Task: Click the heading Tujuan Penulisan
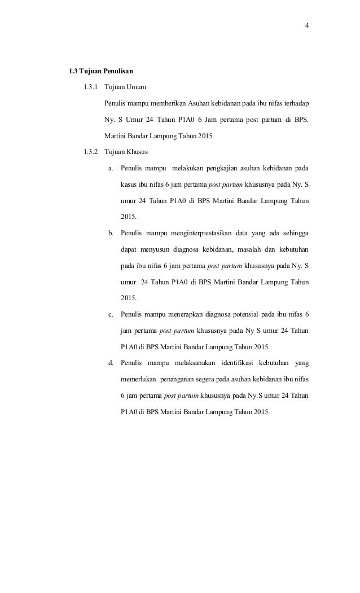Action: tap(106, 72)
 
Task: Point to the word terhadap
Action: tap(296, 104)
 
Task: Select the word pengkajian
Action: tap(221, 168)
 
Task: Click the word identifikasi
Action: tap(234, 362)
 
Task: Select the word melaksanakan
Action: tap(185, 362)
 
